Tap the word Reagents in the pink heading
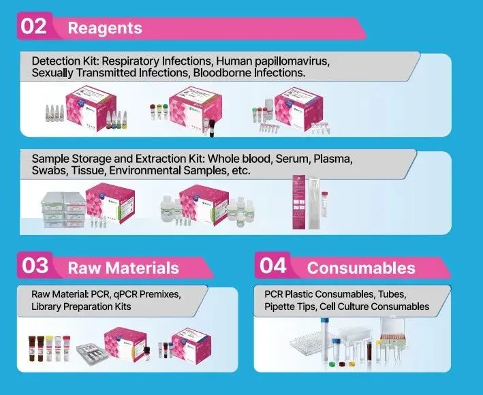(x=105, y=28)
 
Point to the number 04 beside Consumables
(x=274, y=266)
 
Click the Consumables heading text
(x=361, y=268)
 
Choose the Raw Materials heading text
(x=123, y=268)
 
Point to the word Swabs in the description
(x=49, y=170)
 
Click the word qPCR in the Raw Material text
(x=127, y=294)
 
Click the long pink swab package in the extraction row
(x=299, y=202)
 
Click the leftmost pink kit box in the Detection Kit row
(x=93, y=106)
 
